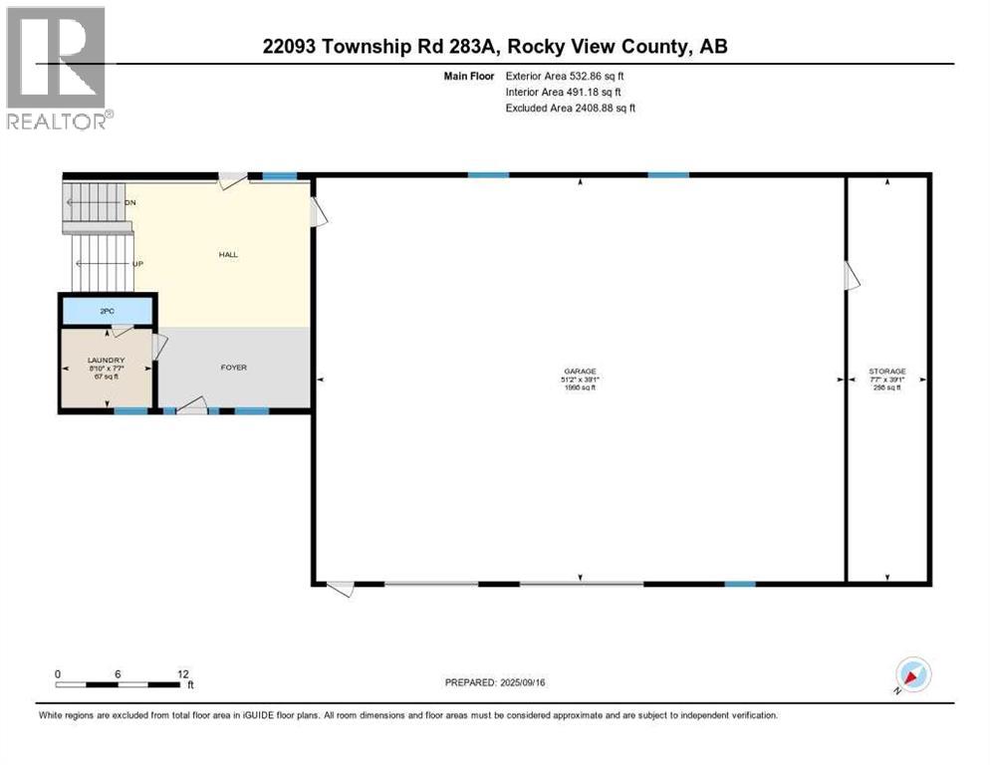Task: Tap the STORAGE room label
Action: tap(887, 371)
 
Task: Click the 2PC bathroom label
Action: tap(108, 311)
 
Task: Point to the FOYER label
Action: tap(233, 368)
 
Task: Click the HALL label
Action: tap(229, 255)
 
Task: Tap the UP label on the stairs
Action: tap(138, 264)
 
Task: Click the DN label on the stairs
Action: tap(129, 203)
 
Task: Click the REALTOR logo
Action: tap(58, 68)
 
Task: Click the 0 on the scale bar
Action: tap(58, 673)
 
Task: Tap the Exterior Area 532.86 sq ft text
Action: tap(565, 76)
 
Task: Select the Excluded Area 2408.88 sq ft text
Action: tap(570, 108)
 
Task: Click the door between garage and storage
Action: tap(850, 277)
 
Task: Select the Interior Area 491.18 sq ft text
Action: tap(563, 92)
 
